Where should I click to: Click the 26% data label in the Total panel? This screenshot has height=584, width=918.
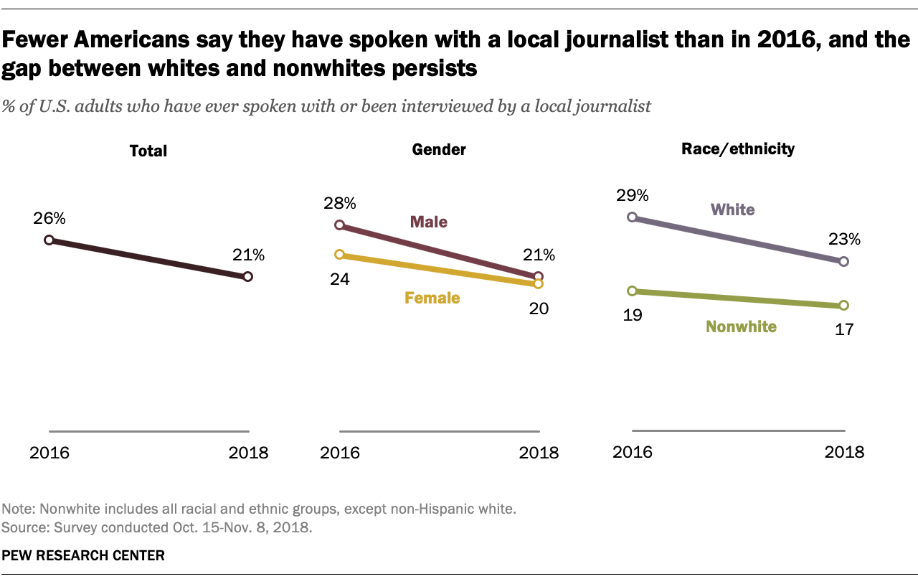pyautogui.click(x=49, y=217)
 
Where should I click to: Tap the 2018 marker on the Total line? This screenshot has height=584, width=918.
pyautogui.click(x=247, y=276)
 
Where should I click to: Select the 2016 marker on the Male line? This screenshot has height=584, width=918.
pyautogui.click(x=340, y=225)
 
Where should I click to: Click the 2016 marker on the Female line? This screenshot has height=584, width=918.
pyautogui.click(x=340, y=254)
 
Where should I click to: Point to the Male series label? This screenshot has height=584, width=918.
pyautogui.click(x=428, y=222)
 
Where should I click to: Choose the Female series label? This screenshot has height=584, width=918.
pyautogui.click(x=432, y=298)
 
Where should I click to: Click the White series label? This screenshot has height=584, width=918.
pyautogui.click(x=732, y=210)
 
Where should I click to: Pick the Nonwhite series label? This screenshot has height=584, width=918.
pyautogui.click(x=741, y=327)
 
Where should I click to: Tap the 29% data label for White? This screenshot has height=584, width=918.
pyautogui.click(x=632, y=195)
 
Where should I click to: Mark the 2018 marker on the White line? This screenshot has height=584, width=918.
pyautogui.click(x=843, y=262)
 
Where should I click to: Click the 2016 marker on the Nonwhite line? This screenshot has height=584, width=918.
pyautogui.click(x=632, y=291)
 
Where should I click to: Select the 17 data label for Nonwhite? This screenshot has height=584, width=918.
pyautogui.click(x=843, y=330)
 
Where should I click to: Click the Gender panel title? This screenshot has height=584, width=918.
pyautogui.click(x=439, y=150)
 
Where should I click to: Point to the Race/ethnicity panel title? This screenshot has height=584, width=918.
pyautogui.click(x=739, y=149)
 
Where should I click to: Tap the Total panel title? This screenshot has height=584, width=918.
pyautogui.click(x=148, y=151)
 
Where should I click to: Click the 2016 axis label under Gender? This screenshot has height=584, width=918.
pyautogui.click(x=340, y=453)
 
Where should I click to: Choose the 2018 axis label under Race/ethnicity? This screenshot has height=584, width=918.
pyautogui.click(x=844, y=452)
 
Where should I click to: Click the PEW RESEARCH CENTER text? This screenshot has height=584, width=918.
pyautogui.click(x=83, y=555)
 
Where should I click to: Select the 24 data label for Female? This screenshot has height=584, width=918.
pyautogui.click(x=340, y=279)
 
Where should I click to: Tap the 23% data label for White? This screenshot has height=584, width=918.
pyautogui.click(x=843, y=240)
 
